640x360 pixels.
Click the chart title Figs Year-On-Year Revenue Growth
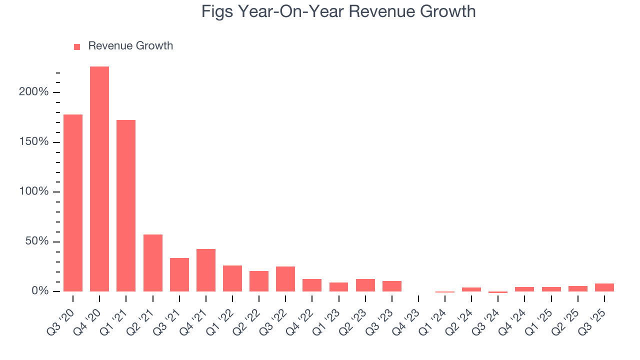click(338, 11)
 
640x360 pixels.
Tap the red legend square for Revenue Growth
click(77, 46)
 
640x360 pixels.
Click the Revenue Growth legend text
click(130, 46)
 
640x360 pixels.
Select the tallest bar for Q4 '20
click(99, 179)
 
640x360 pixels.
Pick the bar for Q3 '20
click(73, 203)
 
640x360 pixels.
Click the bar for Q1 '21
click(126, 205)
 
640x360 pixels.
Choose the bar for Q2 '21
click(153, 263)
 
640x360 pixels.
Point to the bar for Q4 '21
click(206, 270)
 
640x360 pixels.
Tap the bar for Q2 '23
click(365, 285)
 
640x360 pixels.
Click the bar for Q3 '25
click(604, 287)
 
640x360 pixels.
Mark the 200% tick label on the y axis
click(34, 92)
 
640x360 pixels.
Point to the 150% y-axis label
click(34, 142)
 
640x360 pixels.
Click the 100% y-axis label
click(34, 192)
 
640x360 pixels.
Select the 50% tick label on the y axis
click(37, 241)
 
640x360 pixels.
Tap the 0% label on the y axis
click(40, 291)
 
